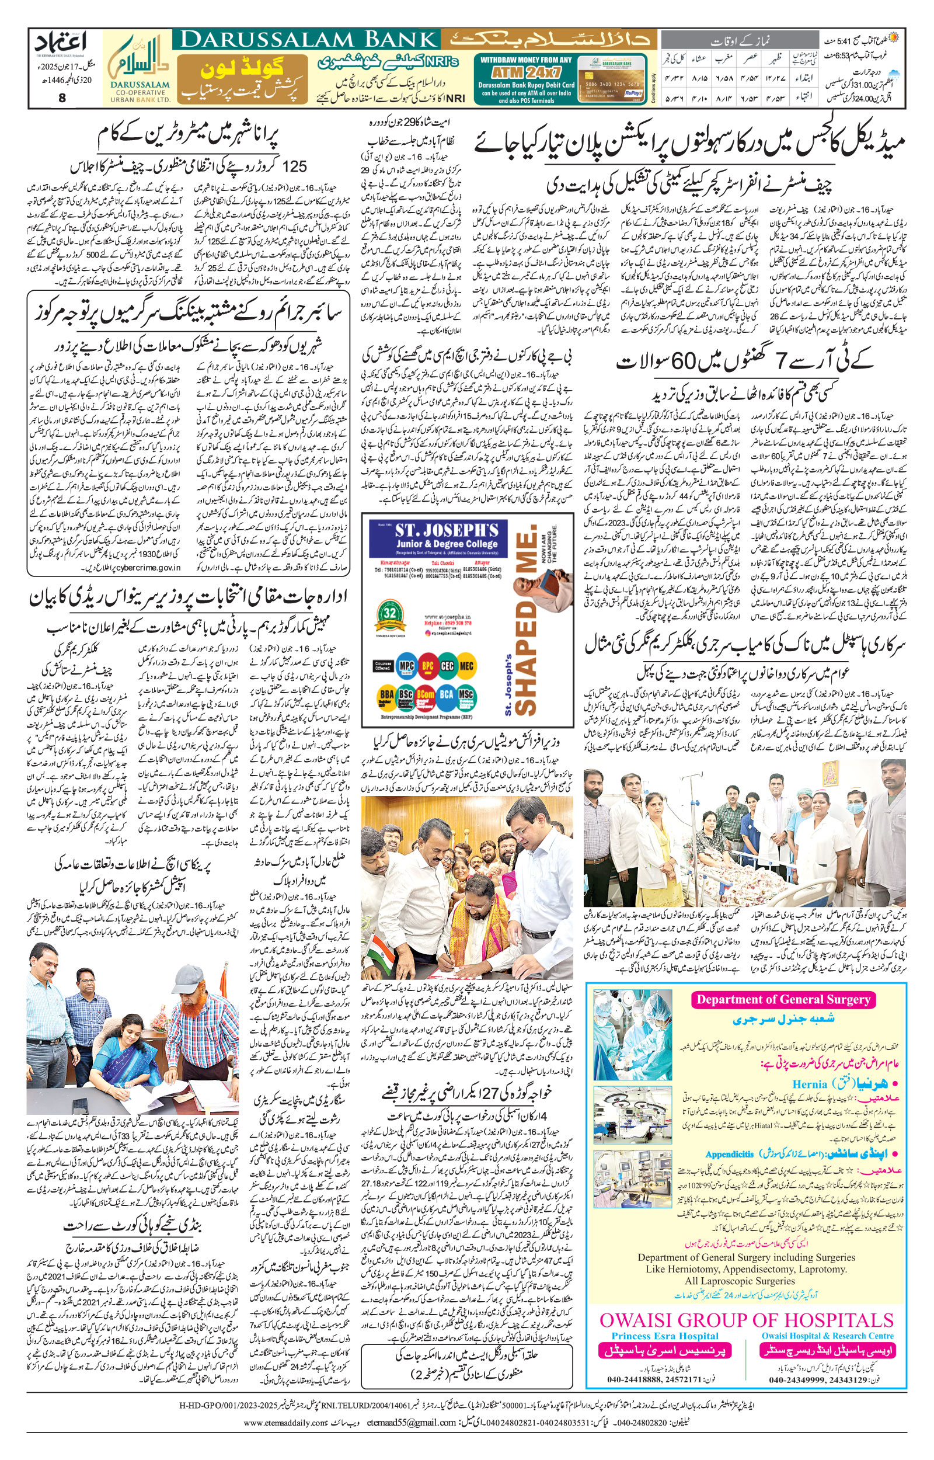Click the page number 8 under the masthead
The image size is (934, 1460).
pos(62,97)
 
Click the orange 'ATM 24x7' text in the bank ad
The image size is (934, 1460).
pos(526,72)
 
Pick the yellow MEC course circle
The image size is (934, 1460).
pos(466,666)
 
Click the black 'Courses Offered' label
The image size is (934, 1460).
pos(384,666)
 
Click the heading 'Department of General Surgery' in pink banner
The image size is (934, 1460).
pos(783,999)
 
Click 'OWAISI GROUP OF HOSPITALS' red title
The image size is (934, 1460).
pos(747,1320)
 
